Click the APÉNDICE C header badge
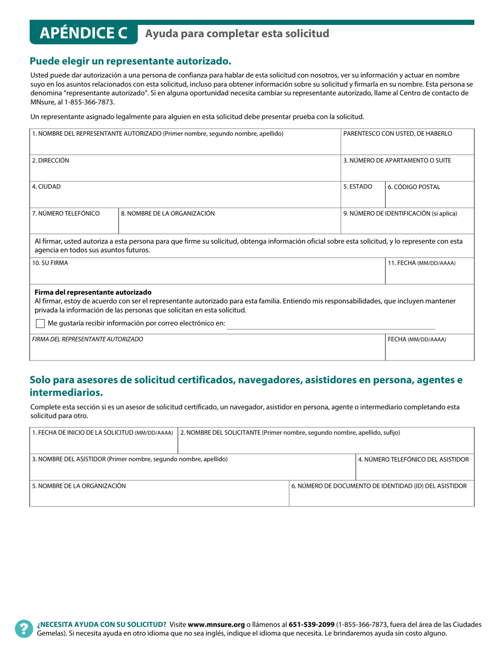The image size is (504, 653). pyautogui.click(x=84, y=33)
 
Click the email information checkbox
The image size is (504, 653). pyautogui.click(x=40, y=323)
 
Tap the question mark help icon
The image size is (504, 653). pyautogui.click(x=24, y=629)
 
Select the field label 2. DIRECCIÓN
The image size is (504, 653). pyautogui.click(x=50, y=160)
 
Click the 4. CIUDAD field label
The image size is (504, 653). pyautogui.click(x=46, y=187)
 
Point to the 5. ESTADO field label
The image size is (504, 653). pyautogui.click(x=358, y=187)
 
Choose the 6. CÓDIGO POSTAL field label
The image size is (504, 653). pyautogui.click(x=413, y=187)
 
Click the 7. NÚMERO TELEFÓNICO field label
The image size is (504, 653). pyautogui.click(x=66, y=213)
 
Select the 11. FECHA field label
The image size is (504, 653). pyautogui.click(x=421, y=263)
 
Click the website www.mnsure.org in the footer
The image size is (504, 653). pyautogui.click(x=216, y=624)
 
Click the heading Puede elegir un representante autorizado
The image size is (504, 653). pyautogui.click(x=131, y=61)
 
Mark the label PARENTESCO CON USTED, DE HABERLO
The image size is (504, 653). pyautogui.click(x=397, y=134)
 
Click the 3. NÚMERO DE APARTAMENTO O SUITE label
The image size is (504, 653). pyautogui.click(x=397, y=160)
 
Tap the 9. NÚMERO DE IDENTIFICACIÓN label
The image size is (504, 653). pyautogui.click(x=400, y=213)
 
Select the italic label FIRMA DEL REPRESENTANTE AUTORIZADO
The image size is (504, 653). pyautogui.click(x=88, y=339)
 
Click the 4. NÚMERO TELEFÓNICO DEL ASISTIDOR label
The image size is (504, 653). pyautogui.click(x=413, y=459)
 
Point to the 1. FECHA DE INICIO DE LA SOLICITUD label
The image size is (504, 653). pyautogui.click(x=102, y=433)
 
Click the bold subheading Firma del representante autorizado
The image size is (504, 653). pyautogui.click(x=93, y=293)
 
